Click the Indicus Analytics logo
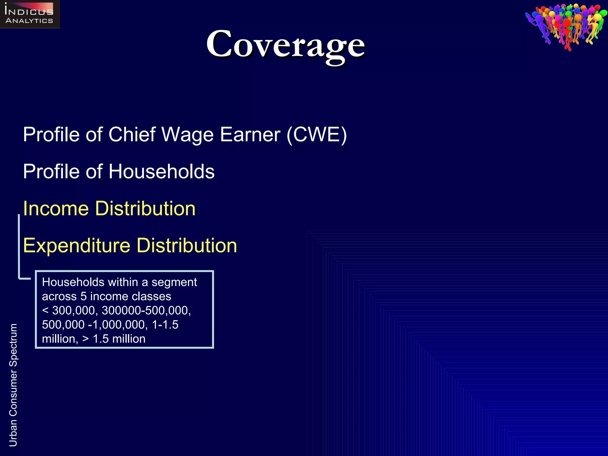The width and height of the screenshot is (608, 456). click(x=30, y=14)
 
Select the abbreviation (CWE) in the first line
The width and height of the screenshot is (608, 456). click(x=316, y=135)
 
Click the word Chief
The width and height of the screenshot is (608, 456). click(x=132, y=135)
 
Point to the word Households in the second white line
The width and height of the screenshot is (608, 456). click(x=161, y=172)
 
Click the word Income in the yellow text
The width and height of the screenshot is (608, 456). click(x=56, y=208)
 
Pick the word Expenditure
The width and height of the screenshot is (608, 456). click(x=77, y=246)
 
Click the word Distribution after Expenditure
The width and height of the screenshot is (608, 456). click(x=187, y=246)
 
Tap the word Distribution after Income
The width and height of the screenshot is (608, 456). click(x=145, y=208)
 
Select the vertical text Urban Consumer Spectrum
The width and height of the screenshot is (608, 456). click(x=13, y=385)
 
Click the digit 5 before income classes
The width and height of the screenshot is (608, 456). click(x=83, y=296)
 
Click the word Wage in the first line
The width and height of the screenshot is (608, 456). click(x=187, y=135)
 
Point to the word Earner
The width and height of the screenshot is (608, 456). click(x=250, y=135)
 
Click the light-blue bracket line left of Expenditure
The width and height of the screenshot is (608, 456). click(x=19, y=246)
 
